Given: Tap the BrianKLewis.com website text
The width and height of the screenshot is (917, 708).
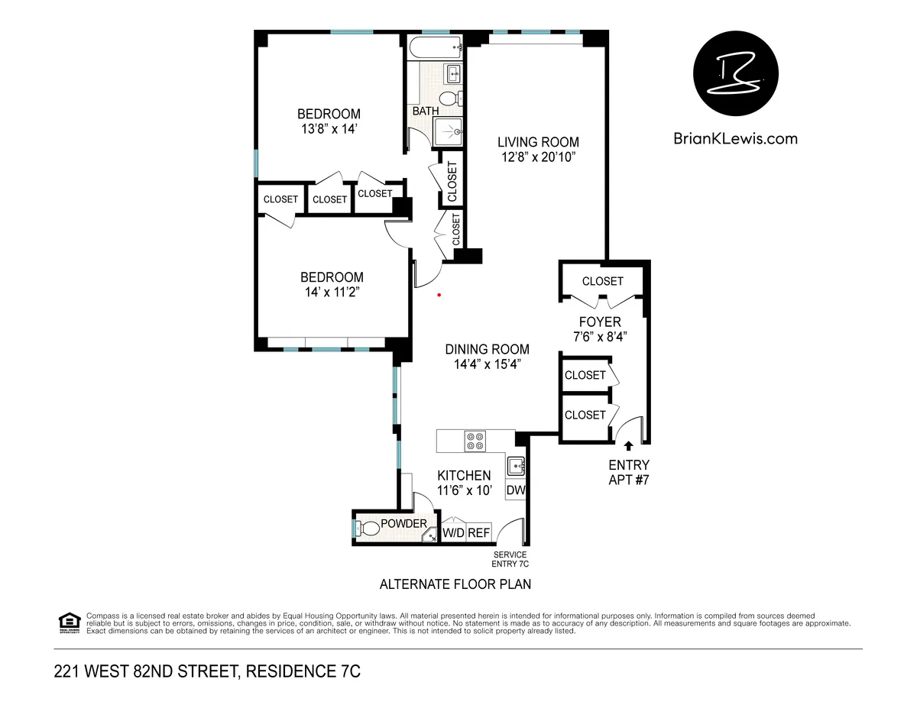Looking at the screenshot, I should tap(735, 138).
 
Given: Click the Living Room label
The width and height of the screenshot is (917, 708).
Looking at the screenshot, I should tap(538, 142).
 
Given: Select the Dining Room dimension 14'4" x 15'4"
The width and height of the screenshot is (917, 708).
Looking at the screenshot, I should tap(487, 364).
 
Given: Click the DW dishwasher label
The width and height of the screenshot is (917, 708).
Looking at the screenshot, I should tap(516, 490).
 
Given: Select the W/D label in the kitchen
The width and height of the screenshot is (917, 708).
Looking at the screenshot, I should tap(453, 533).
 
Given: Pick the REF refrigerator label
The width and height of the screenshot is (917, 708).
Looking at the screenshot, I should tap(478, 533).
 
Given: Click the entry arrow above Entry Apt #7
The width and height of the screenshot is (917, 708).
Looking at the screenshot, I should tap(629, 446).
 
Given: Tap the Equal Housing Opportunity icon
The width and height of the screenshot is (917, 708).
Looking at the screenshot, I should tap(69, 622).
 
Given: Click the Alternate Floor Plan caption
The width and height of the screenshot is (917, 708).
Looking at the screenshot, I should tap(455, 584).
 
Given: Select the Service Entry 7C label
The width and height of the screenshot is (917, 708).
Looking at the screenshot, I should tap(510, 559).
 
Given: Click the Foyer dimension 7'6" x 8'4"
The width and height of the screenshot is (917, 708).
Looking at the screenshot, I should tap(600, 336).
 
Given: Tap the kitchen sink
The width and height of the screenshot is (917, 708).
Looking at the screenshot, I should tap(516, 464).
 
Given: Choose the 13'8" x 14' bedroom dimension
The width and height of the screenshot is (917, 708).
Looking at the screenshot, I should tap(329, 129).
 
